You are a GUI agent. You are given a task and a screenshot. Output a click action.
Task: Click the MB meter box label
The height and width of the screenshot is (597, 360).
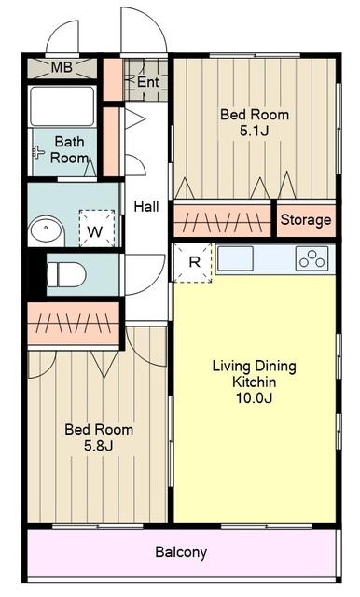tap(62, 67)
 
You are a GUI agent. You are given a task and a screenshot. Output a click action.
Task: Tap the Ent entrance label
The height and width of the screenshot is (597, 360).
tap(147, 81)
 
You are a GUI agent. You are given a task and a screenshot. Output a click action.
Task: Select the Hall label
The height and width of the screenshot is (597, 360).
tap(146, 207)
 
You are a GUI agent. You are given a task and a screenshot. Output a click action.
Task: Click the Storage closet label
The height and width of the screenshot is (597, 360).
tap(306, 220)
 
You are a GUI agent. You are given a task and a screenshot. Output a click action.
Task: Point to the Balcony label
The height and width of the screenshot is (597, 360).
tap(181, 552)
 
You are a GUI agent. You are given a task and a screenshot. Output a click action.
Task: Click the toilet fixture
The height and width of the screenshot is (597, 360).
tap(66, 274)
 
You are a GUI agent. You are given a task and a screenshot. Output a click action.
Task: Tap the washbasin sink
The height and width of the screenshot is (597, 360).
tap(46, 229)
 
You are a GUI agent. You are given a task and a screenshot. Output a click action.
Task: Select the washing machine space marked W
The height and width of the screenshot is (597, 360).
tap(97, 228)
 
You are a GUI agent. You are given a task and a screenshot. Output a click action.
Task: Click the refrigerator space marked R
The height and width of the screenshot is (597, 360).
tap(192, 263)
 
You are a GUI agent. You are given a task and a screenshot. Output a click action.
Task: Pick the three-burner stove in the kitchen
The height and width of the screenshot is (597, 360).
tap(312, 259)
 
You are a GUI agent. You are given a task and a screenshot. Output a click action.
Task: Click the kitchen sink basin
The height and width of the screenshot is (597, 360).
tap(236, 259)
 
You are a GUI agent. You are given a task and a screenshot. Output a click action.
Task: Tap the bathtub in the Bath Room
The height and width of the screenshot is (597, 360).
tap(62, 106)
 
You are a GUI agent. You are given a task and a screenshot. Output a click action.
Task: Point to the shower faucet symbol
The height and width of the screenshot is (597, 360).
tap(37, 152)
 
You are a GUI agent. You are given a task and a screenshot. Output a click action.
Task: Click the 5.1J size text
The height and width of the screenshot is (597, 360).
tap(255, 131)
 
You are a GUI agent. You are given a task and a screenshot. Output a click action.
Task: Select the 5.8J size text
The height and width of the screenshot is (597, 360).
tap(99, 446)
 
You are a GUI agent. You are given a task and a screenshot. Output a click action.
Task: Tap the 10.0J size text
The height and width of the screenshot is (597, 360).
tap(255, 398)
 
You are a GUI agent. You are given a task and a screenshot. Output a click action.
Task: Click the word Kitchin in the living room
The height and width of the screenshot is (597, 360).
tap(255, 382)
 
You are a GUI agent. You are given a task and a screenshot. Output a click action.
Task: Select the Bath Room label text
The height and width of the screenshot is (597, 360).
tap(70, 149)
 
